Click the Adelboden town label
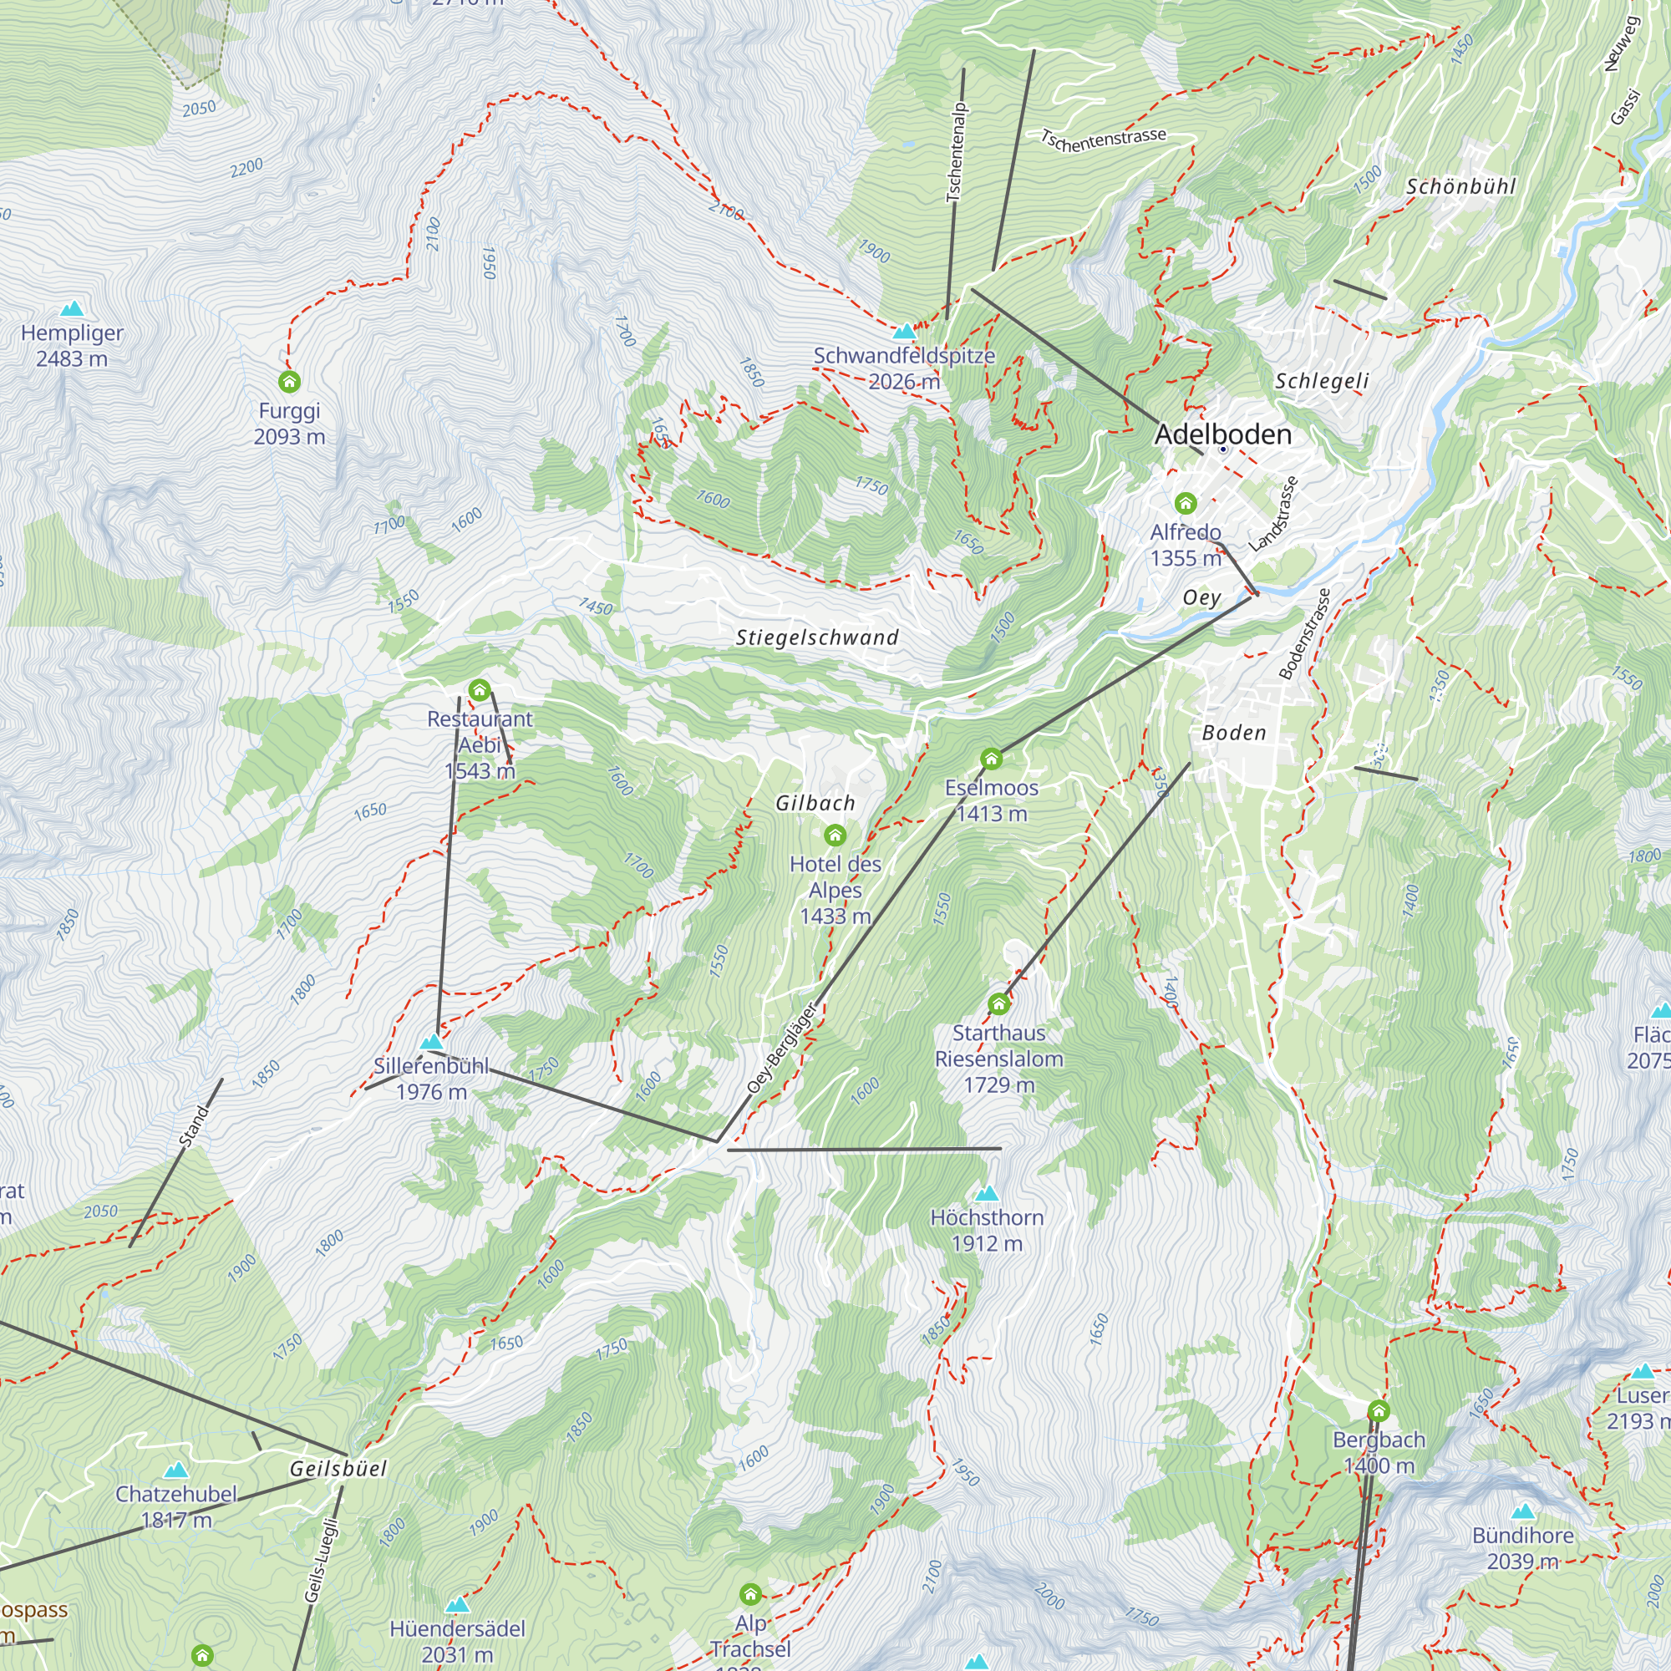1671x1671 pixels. pyautogui.click(x=1222, y=434)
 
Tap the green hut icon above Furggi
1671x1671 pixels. pyautogui.click(x=290, y=382)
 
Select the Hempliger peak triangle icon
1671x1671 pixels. pyautogui.click(x=72, y=309)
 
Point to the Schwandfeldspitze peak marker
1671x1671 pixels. pyautogui.click(x=904, y=331)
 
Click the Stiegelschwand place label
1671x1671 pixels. pyautogui.click(x=817, y=637)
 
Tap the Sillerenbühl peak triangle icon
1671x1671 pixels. pyautogui.click(x=431, y=1042)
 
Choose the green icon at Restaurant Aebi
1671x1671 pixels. pyautogui.click(x=479, y=690)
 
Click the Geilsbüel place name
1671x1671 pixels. pyautogui.click(x=338, y=1468)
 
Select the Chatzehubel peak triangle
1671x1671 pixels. pyautogui.click(x=175, y=1470)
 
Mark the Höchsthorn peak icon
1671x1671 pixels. pyautogui.click(x=987, y=1194)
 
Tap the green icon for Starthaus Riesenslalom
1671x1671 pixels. pyautogui.click(x=999, y=1004)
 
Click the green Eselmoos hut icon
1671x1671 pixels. pyautogui.click(x=991, y=759)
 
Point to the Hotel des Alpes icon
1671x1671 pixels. pyautogui.click(x=835, y=835)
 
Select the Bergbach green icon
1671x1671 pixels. pyautogui.click(x=1379, y=1411)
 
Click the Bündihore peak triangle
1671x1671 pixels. pyautogui.click(x=1522, y=1512)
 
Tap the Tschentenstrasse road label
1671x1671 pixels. pyautogui.click(x=1103, y=140)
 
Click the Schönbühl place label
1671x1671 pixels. pyautogui.click(x=1460, y=186)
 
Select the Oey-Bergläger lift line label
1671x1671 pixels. pyautogui.click(x=782, y=1048)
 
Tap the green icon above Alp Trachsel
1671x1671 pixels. pyautogui.click(x=751, y=1594)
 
